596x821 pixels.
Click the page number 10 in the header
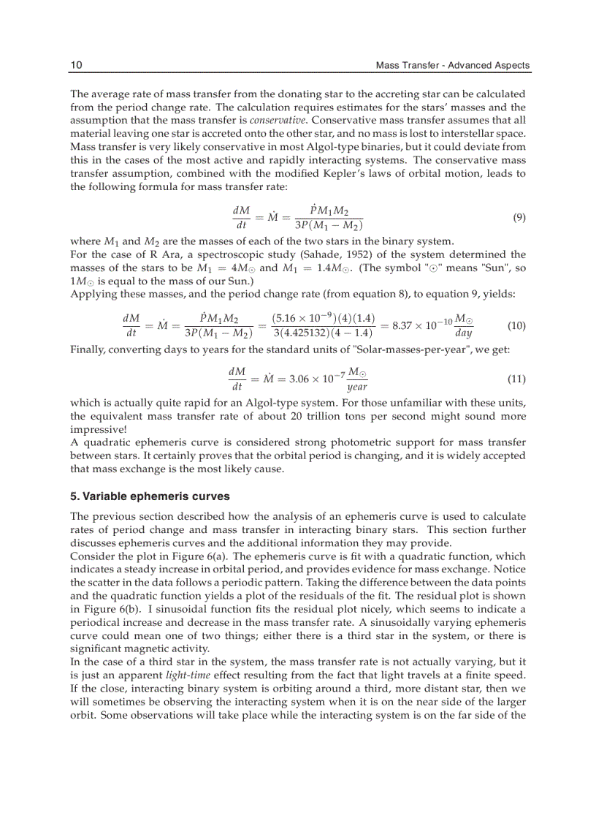tap(76, 65)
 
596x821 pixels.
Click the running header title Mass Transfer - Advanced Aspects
tap(452, 65)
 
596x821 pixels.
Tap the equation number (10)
tap(516, 325)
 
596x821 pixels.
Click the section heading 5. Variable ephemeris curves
tap(150, 496)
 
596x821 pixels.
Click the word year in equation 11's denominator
tap(356, 387)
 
